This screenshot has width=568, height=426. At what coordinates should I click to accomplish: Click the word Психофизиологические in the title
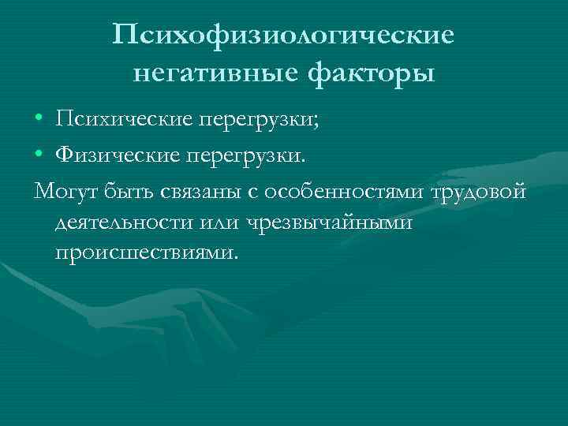coord(283,35)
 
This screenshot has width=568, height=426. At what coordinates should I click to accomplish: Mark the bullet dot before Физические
coord(39,158)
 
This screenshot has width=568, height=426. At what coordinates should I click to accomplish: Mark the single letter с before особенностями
coord(253,193)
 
